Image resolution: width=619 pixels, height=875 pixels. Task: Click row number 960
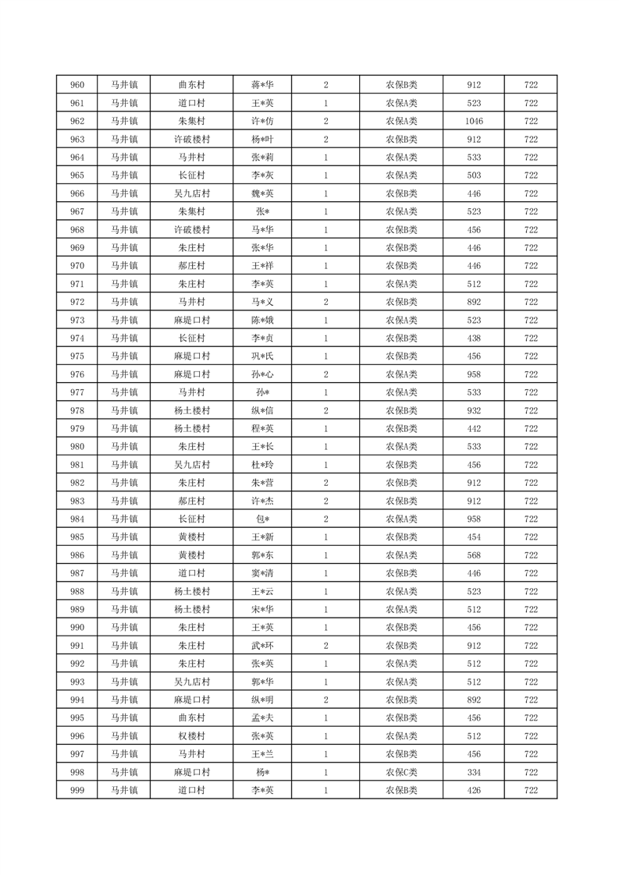(77, 85)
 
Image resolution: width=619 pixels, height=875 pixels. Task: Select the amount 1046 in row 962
(474, 121)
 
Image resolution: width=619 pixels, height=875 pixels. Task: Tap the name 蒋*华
(262, 85)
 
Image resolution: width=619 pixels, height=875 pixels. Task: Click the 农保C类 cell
(401, 772)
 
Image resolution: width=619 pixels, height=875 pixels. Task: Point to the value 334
(474, 772)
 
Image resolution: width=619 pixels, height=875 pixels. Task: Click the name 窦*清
(262, 573)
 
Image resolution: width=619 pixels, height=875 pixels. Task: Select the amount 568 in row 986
(474, 555)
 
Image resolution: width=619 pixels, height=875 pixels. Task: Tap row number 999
(77, 791)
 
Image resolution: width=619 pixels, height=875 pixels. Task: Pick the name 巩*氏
(262, 356)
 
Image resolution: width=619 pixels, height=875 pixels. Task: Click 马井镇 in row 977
(123, 392)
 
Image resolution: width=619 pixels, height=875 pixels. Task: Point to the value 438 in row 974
(474, 338)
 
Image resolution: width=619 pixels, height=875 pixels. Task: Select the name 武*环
(262, 646)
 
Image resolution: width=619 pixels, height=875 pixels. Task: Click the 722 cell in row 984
(531, 519)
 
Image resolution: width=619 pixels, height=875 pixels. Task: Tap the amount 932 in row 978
(474, 410)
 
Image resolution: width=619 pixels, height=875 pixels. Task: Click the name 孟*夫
(262, 718)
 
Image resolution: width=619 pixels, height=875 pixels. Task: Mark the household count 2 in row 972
(326, 302)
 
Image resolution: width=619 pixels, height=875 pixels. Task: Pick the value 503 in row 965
(474, 175)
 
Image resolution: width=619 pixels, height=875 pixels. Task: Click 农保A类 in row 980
(401, 447)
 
